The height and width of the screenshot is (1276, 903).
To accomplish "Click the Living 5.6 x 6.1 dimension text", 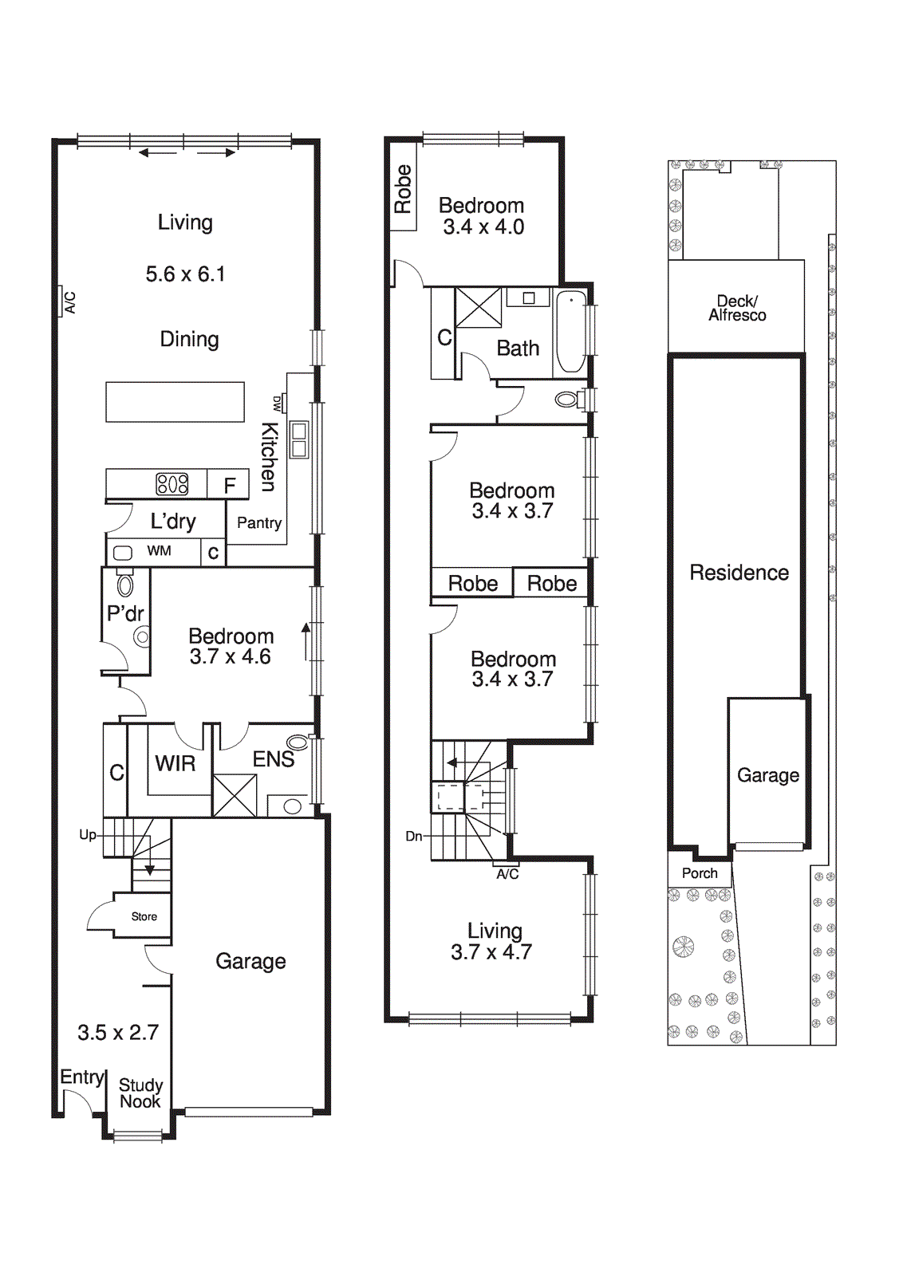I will click(185, 274).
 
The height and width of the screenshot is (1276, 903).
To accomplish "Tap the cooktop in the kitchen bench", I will click(172, 483).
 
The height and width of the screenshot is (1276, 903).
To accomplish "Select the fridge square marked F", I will click(230, 485).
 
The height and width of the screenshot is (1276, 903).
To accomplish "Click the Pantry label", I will click(259, 523).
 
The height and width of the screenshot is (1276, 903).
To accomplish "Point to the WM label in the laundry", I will click(159, 551).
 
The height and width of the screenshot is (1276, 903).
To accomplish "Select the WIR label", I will click(175, 764).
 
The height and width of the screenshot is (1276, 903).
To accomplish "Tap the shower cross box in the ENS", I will click(235, 795).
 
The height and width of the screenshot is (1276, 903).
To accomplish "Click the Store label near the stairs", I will click(144, 917).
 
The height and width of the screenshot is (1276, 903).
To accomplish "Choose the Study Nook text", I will click(140, 1093).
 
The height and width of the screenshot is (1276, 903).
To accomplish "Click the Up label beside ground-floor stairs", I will click(88, 835).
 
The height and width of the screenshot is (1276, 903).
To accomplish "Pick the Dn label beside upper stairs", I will click(414, 837).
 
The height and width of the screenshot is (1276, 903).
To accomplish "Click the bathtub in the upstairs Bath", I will click(571, 332).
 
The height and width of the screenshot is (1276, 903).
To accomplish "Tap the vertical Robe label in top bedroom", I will click(403, 189).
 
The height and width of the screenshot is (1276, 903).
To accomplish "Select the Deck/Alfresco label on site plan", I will click(737, 309).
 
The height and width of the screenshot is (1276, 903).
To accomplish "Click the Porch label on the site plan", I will click(700, 873).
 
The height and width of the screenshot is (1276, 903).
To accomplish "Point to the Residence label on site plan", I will click(739, 573).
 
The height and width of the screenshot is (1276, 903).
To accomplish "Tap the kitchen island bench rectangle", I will click(175, 402).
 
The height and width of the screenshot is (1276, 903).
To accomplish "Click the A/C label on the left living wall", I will click(69, 302).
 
